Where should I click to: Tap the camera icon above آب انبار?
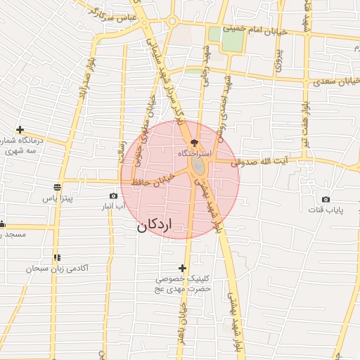[114, 195]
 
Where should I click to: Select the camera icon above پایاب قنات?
[326, 200]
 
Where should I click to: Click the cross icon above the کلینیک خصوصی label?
[183, 268]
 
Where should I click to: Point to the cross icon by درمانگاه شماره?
[20, 130]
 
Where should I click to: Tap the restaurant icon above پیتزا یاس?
[56, 187]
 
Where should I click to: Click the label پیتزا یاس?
[57, 199]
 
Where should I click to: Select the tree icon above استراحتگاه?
[195, 142]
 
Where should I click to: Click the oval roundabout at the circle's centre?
[197, 166]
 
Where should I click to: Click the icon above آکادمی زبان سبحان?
[56, 258]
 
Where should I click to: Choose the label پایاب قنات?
[326, 210]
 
